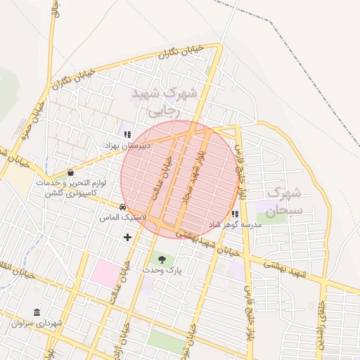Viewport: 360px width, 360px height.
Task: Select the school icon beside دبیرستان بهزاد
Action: coord(127,134)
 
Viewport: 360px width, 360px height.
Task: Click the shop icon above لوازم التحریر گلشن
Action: coord(70,172)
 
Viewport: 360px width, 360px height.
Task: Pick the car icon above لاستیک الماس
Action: coord(123,207)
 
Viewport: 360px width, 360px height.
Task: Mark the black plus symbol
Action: coord(127,237)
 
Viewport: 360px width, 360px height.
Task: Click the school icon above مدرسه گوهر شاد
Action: coord(235,214)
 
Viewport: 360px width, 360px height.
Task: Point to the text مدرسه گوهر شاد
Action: coord(235,224)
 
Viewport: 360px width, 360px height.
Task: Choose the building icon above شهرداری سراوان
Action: coord(37,312)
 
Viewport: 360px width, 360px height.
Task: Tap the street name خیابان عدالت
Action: coord(160,179)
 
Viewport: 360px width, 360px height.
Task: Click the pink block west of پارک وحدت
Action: coord(105,273)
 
